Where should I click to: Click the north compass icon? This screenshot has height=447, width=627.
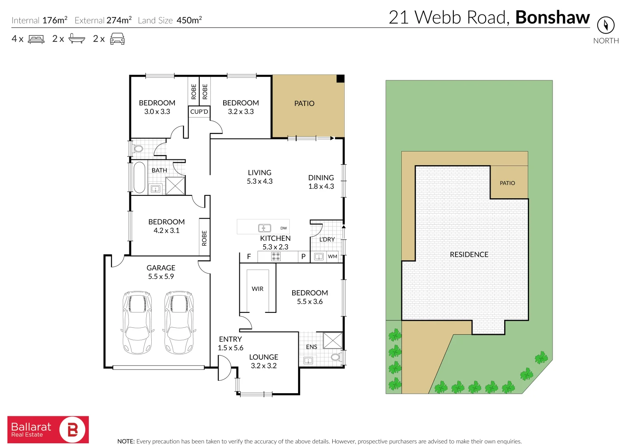coord(606,25)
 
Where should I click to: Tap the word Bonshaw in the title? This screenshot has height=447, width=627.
coord(552,17)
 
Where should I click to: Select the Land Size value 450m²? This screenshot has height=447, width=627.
coord(189,20)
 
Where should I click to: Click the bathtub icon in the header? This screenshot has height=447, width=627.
coord(76,39)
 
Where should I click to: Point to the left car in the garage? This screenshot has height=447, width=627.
coord(137,322)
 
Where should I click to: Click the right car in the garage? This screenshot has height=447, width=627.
coord(179,322)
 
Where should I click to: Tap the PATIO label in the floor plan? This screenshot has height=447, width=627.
coord(304,103)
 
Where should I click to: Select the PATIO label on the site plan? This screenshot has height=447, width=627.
coord(507,183)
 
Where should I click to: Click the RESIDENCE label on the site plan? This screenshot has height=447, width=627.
coord(469,255)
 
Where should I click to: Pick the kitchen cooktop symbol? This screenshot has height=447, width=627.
coord(276,257)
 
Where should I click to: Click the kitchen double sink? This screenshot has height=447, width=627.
coord(265,228)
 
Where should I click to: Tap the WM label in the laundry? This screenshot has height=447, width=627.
coord(332,257)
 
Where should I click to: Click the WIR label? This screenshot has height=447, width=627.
coord(257,289)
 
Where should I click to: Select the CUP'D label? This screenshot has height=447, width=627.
coord(199,112)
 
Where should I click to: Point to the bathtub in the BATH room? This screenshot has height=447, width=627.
coord(139,177)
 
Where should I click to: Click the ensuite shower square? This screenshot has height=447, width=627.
coord(332,341)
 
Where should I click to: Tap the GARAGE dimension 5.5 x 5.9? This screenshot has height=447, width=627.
coord(161,276)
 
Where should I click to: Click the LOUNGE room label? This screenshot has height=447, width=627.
coord(264,357)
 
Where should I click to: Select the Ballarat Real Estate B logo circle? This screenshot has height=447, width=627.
coord(72,430)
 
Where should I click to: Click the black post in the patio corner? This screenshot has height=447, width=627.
coord(340,79)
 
